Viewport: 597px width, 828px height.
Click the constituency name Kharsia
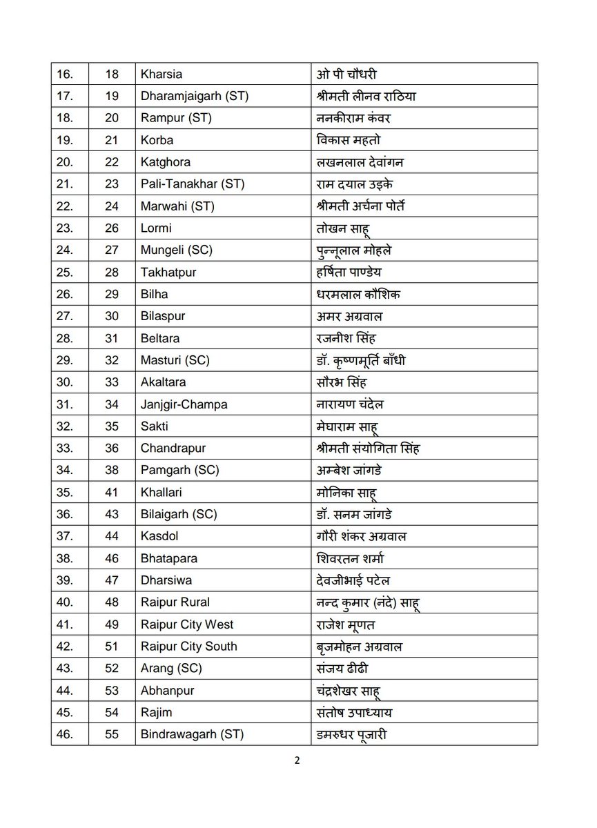(x=162, y=74)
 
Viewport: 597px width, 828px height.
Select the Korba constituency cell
(x=156, y=140)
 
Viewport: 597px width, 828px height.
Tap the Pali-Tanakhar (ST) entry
(x=192, y=184)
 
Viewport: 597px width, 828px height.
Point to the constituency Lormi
(x=156, y=228)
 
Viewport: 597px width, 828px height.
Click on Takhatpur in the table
(x=168, y=273)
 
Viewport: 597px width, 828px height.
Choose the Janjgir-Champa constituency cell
(x=184, y=404)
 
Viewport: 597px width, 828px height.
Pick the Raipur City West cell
(x=187, y=624)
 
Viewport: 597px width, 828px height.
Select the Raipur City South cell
(x=189, y=647)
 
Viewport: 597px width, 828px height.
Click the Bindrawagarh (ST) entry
(x=193, y=735)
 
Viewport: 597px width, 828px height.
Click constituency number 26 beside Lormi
(x=112, y=228)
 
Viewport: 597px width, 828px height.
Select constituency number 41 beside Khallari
(x=112, y=493)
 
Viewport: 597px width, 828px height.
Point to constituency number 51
(x=112, y=647)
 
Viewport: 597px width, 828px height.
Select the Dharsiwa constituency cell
(x=166, y=580)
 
